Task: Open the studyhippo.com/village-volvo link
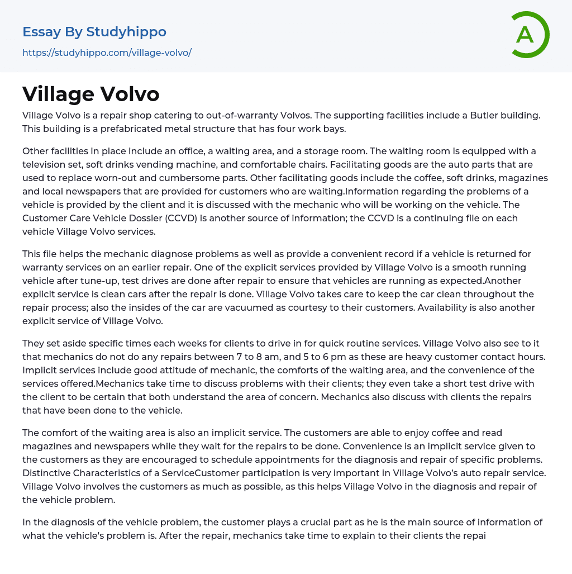[x=107, y=53]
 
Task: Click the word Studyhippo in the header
[x=126, y=32]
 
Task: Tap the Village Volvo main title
[x=91, y=94]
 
